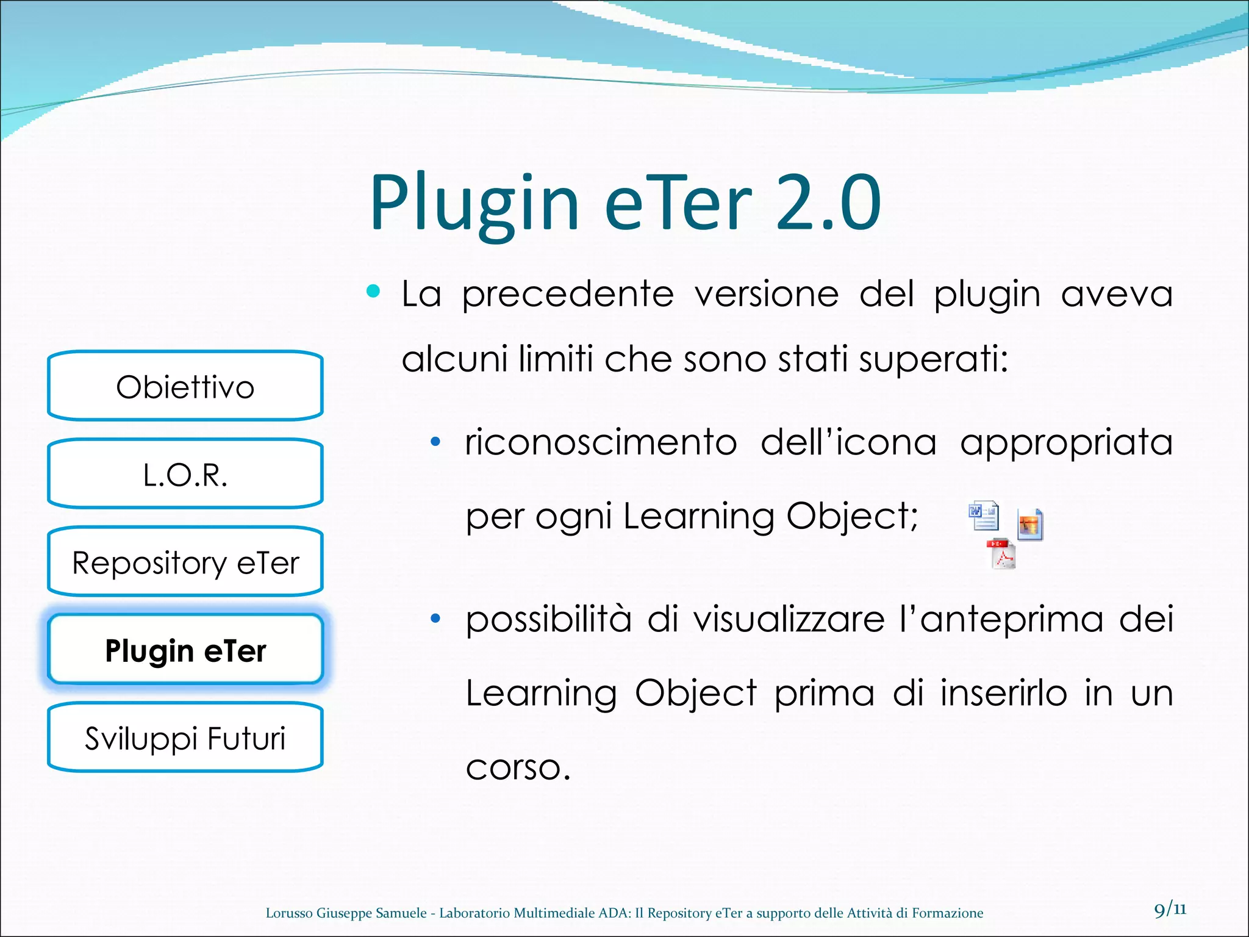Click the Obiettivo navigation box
tap(185, 387)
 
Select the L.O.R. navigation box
tap(185, 475)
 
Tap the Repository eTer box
tap(185, 562)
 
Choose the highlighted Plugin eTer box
tap(185, 650)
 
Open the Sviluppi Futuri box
tap(185, 738)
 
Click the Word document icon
tap(983, 515)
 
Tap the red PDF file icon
tap(1001, 554)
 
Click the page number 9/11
tap(1170, 910)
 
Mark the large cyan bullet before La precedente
tap(373, 292)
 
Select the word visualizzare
tap(789, 619)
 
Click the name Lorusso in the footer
tap(289, 913)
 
